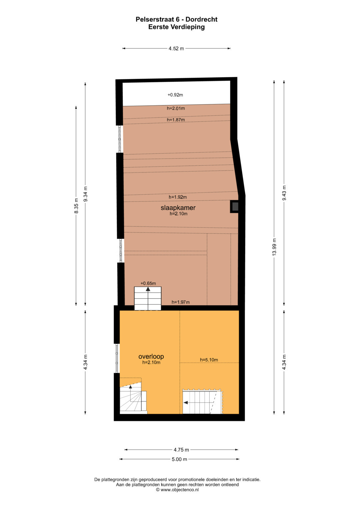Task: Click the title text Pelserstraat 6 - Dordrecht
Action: [176, 20]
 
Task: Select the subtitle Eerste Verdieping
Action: [176, 27]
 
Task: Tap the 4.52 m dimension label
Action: [176, 48]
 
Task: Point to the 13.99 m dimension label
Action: [274, 247]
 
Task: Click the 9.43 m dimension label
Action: [284, 193]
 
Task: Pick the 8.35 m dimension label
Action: [76, 206]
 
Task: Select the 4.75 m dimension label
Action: [181, 450]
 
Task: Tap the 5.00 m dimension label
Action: [179, 459]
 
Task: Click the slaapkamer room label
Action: [178, 208]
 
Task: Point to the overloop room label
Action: [151, 357]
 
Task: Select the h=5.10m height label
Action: [209, 360]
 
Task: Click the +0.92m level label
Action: [175, 95]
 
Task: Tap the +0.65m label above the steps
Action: [148, 283]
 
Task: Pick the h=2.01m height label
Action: [176, 108]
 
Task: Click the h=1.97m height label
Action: [180, 302]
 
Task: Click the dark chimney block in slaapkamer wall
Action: [235, 207]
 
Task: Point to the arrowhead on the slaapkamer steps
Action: [148, 289]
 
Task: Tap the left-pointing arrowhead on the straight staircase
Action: [186, 403]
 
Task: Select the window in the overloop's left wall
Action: [117, 358]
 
